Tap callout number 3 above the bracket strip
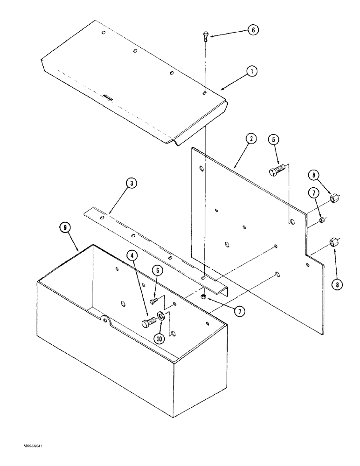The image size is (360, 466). pos(132,184)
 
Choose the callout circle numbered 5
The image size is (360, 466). pos(275,139)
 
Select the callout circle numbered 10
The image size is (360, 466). pos(160,339)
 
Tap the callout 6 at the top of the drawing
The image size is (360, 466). pos(252,30)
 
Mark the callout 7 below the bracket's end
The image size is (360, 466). pos(239,312)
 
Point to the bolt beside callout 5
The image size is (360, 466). pos(277,170)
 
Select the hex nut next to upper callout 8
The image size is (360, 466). pos(334,199)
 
